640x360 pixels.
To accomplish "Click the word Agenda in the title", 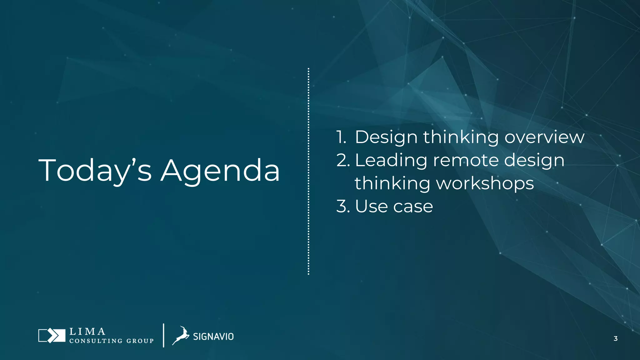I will point(220,171).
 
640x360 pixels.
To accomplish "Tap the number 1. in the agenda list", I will point(341,137).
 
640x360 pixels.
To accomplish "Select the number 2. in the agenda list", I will point(343,160).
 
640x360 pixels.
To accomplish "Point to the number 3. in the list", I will point(343,207).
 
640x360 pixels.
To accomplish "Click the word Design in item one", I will point(386,137).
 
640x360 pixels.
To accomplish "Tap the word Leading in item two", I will point(391,160).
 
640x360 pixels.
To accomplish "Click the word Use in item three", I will point(371,207).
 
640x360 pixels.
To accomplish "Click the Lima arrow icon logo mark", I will point(52,336).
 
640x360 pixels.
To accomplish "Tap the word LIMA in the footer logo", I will point(87,331).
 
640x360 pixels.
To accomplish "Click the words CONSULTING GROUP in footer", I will point(111,341).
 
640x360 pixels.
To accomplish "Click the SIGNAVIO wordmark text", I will point(213,337).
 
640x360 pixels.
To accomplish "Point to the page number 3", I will point(615,338).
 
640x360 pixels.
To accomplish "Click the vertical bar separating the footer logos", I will point(163,335).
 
